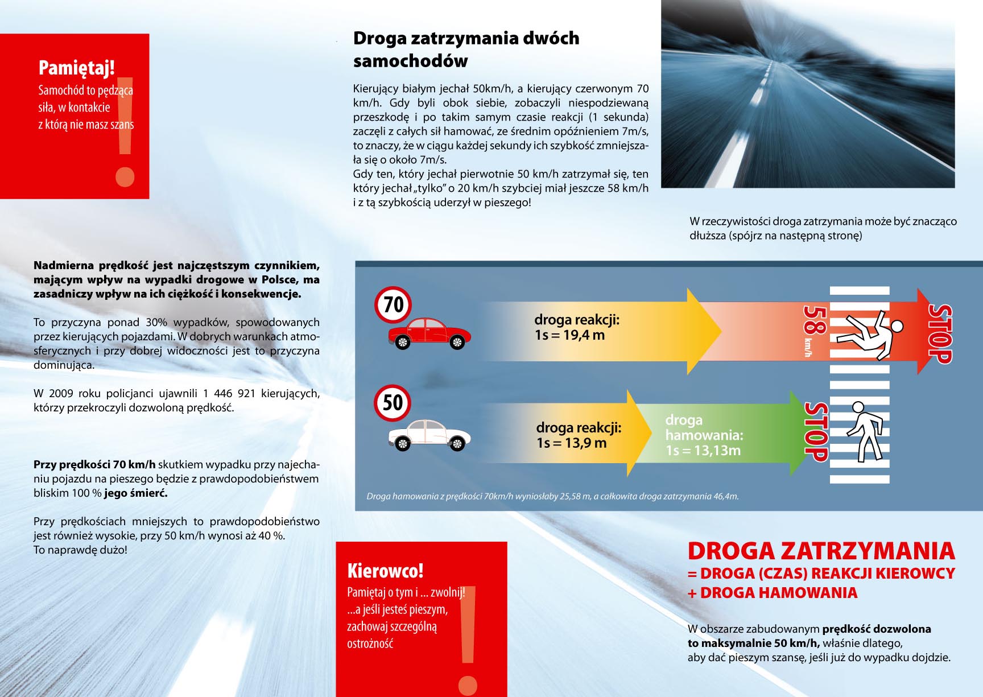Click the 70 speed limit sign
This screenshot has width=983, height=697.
(x=393, y=304)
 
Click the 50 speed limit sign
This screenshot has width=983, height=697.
(x=393, y=403)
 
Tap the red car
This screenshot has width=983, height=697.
(x=429, y=333)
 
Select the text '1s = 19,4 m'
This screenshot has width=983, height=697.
(x=569, y=335)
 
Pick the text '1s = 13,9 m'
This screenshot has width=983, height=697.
(x=571, y=443)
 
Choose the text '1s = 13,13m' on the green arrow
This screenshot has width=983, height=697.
(x=703, y=451)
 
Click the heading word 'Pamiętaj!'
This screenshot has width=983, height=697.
(x=77, y=68)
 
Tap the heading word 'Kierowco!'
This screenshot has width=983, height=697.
(x=385, y=571)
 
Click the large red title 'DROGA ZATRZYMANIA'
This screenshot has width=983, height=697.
(x=821, y=551)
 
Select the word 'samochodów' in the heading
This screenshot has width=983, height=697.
(x=410, y=61)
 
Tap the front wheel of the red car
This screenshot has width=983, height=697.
(x=457, y=342)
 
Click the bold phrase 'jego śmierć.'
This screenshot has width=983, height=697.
(x=135, y=493)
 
